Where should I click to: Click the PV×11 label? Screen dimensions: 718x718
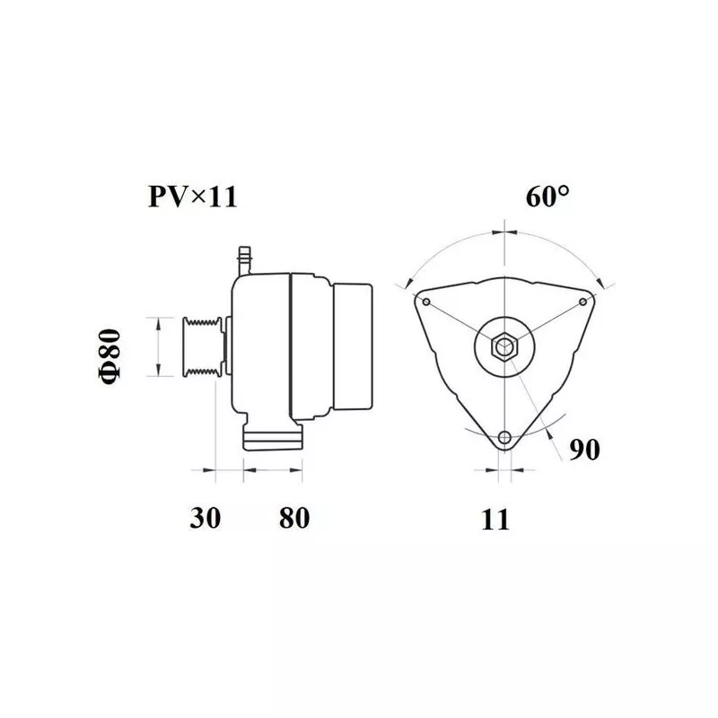pyautogui.click(x=193, y=197)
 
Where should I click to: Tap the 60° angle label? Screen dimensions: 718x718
pyautogui.click(x=547, y=197)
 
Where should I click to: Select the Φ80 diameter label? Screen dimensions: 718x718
pyautogui.click(x=109, y=355)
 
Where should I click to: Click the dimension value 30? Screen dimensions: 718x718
pyautogui.click(x=206, y=518)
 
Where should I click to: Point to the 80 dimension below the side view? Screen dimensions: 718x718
pyautogui.click(x=294, y=518)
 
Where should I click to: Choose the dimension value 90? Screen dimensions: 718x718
pyautogui.click(x=584, y=450)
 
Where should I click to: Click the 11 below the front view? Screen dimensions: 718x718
pyautogui.click(x=495, y=520)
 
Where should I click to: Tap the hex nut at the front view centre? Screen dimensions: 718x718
pyautogui.click(x=504, y=346)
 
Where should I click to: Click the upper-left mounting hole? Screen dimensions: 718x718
pyautogui.click(x=426, y=302)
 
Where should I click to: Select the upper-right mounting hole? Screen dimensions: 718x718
pyautogui.click(x=582, y=302)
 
